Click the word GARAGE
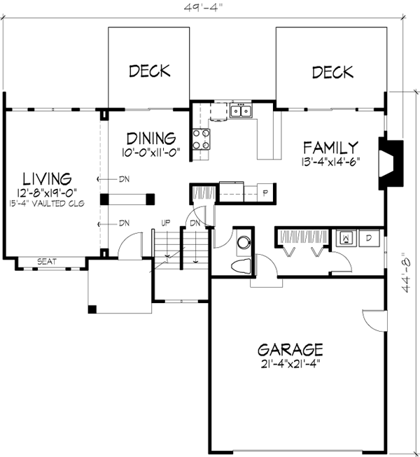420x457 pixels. [x=290, y=349]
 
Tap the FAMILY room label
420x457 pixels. [x=330, y=147]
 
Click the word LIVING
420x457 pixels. [x=47, y=177]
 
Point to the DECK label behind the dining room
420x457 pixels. [x=149, y=71]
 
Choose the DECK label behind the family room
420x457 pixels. [x=332, y=71]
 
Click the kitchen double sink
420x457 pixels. [x=241, y=110]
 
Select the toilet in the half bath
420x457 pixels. [x=240, y=266]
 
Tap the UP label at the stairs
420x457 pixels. [x=166, y=223]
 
